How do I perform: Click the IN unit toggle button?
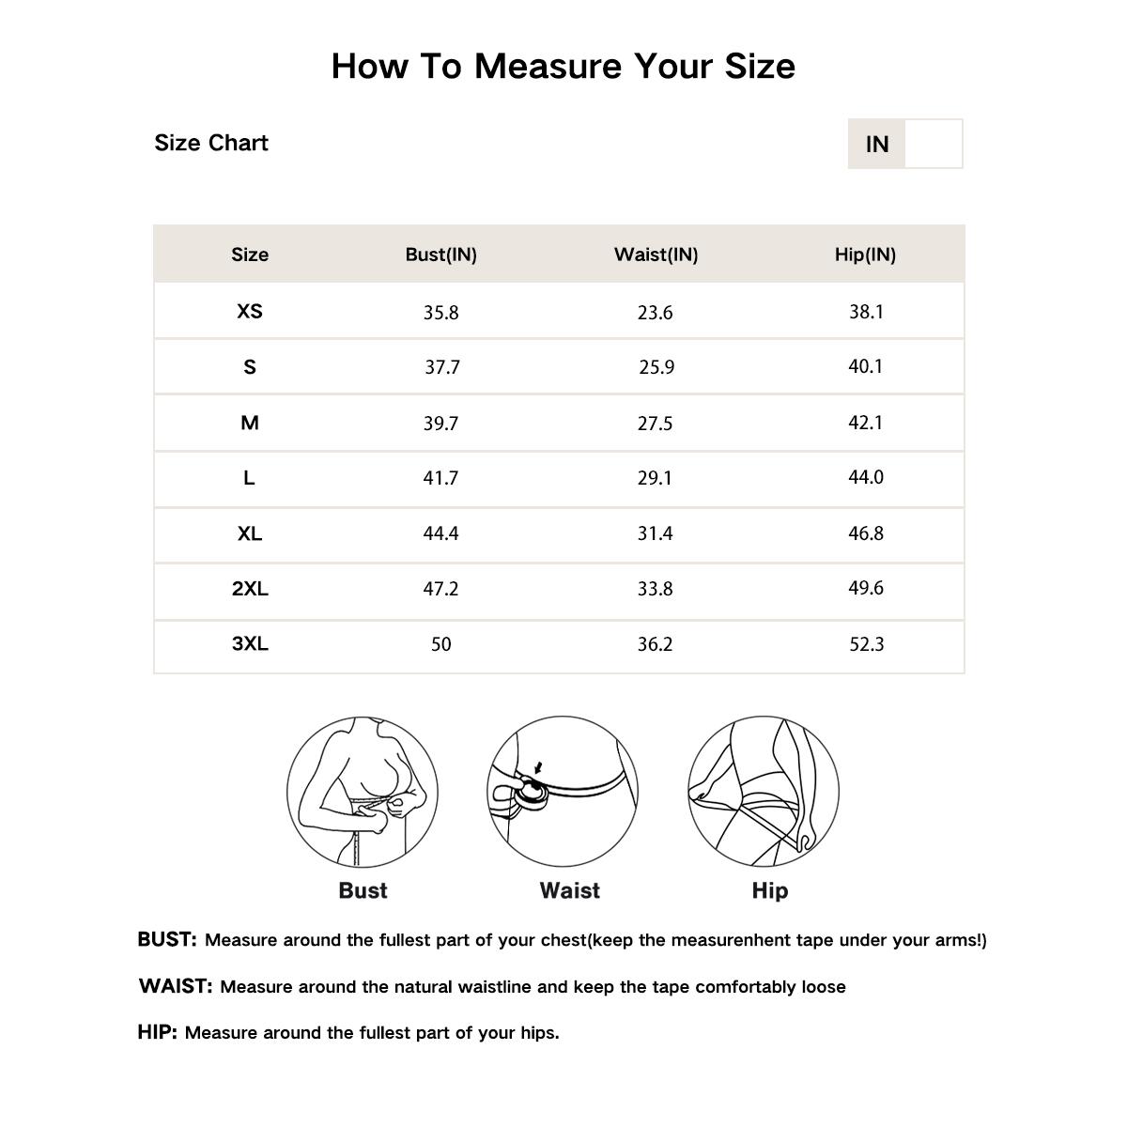pyautogui.click(x=876, y=144)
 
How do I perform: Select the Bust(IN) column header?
pyautogui.click(x=440, y=255)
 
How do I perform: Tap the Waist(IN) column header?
pyautogui.click(x=656, y=255)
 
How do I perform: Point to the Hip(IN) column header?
pyautogui.click(x=865, y=255)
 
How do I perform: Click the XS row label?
pyautogui.click(x=250, y=311)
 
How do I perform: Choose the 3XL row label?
pyautogui.click(x=250, y=643)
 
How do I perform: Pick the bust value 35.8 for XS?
pyautogui.click(x=440, y=313)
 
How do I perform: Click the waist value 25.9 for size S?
pyautogui.click(x=656, y=367)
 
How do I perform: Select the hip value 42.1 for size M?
pyautogui.click(x=865, y=423)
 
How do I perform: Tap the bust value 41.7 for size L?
pyautogui.click(x=440, y=478)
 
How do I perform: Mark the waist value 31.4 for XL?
pyautogui.click(x=655, y=533)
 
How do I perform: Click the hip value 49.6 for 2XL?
pyautogui.click(x=865, y=588)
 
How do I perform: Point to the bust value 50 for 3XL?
pyautogui.click(x=440, y=644)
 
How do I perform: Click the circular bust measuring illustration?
pyautogui.click(x=363, y=792)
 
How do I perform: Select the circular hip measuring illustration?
pyautogui.click(x=764, y=792)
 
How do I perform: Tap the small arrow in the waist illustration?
pyautogui.click(x=537, y=767)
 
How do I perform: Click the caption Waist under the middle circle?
pyautogui.click(x=569, y=890)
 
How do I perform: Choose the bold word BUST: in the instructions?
pyautogui.click(x=167, y=939)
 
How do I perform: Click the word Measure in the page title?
pyautogui.click(x=548, y=66)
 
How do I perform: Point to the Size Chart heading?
pyautogui.click(x=211, y=143)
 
